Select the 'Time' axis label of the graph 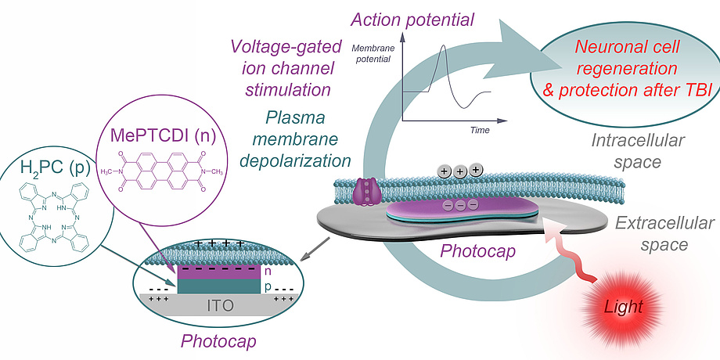pos(480,130)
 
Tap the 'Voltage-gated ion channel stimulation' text pos(281,66)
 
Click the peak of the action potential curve pos(443,46)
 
